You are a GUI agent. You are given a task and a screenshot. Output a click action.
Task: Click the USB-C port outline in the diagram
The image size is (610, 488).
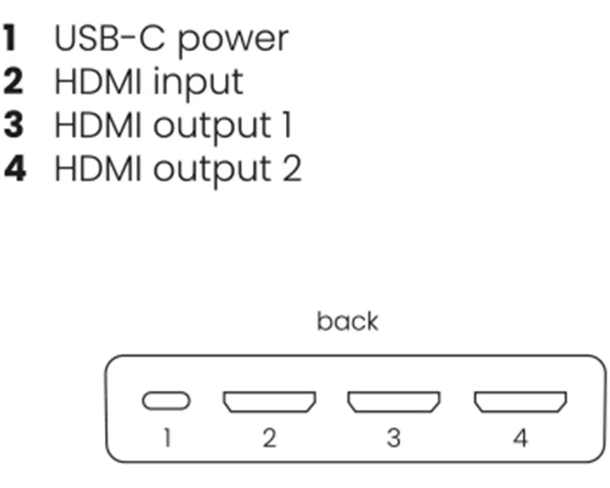tap(166, 401)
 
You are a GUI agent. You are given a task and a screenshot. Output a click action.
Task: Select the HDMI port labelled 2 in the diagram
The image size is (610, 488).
tap(269, 401)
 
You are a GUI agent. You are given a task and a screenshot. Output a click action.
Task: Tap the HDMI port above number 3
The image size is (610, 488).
tap(394, 401)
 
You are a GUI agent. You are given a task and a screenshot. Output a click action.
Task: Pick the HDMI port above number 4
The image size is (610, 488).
tap(520, 401)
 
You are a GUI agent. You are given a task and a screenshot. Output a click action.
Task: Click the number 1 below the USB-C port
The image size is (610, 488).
tap(167, 438)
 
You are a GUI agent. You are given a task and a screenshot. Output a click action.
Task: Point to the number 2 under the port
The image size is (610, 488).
tap(269, 438)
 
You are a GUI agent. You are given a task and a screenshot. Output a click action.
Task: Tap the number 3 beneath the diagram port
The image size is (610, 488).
tap(394, 438)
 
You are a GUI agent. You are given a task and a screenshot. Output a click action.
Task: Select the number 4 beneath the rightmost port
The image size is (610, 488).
tap(520, 438)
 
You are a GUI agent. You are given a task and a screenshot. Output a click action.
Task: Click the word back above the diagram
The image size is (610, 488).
tap(347, 321)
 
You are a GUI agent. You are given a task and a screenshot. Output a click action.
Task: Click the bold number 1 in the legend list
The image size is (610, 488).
tap(10, 38)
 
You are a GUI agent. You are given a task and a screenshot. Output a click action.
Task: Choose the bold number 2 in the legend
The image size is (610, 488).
tap(13, 81)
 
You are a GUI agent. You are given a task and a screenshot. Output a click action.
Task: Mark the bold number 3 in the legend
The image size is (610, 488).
tap(13, 124)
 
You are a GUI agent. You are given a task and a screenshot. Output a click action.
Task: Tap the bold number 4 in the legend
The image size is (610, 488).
tap(13, 168)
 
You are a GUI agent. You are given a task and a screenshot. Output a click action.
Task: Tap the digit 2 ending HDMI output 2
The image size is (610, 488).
tap(291, 168)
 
